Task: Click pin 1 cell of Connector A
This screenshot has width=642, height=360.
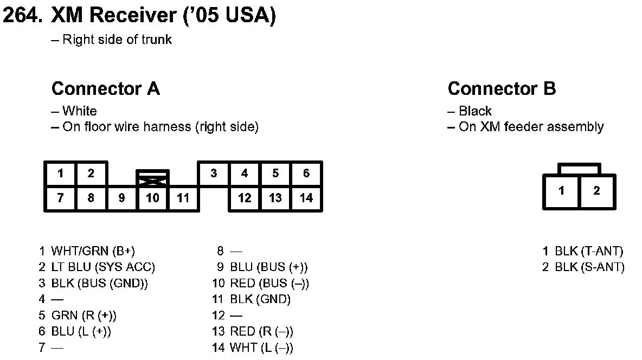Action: tap(60, 173)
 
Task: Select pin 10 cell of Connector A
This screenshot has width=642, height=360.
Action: tap(152, 198)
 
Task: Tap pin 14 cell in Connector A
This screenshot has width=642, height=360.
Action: tap(306, 198)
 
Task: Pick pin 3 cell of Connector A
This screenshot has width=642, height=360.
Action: tap(214, 173)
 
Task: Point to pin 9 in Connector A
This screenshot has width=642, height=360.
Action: tap(121, 198)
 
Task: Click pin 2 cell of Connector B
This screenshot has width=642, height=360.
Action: tap(597, 191)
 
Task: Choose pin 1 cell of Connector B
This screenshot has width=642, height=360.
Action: tap(561, 191)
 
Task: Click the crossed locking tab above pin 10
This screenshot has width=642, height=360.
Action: tap(152, 178)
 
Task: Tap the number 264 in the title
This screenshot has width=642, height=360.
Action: tap(22, 16)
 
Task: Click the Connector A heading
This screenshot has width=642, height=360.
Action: tap(106, 88)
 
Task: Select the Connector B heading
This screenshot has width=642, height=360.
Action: tap(502, 88)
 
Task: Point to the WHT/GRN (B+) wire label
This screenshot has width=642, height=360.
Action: tap(93, 251)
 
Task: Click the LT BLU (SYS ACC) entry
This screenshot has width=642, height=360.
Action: tap(103, 267)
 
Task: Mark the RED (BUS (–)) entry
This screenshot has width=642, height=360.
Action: tap(269, 283)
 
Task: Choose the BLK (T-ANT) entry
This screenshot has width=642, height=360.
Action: tap(589, 251)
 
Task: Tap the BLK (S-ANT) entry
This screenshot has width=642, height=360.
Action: tap(589, 267)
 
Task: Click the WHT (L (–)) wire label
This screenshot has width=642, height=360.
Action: tap(261, 348)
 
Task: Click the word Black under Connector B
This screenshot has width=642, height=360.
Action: tap(475, 111)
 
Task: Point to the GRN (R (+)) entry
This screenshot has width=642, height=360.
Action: tap(84, 315)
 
